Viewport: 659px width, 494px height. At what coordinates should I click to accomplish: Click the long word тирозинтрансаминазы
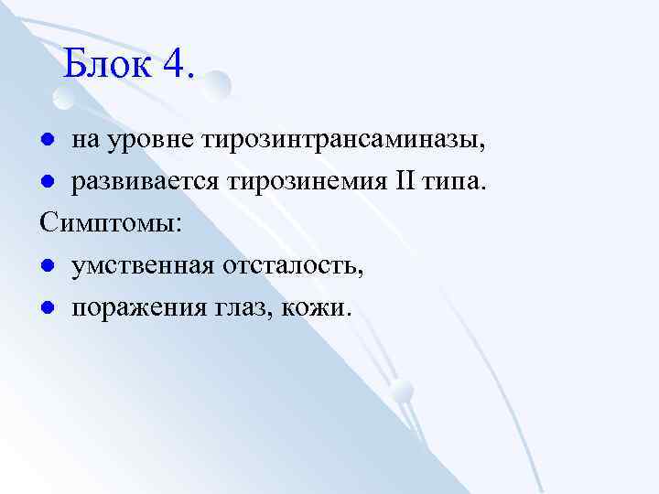pos(349,142)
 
